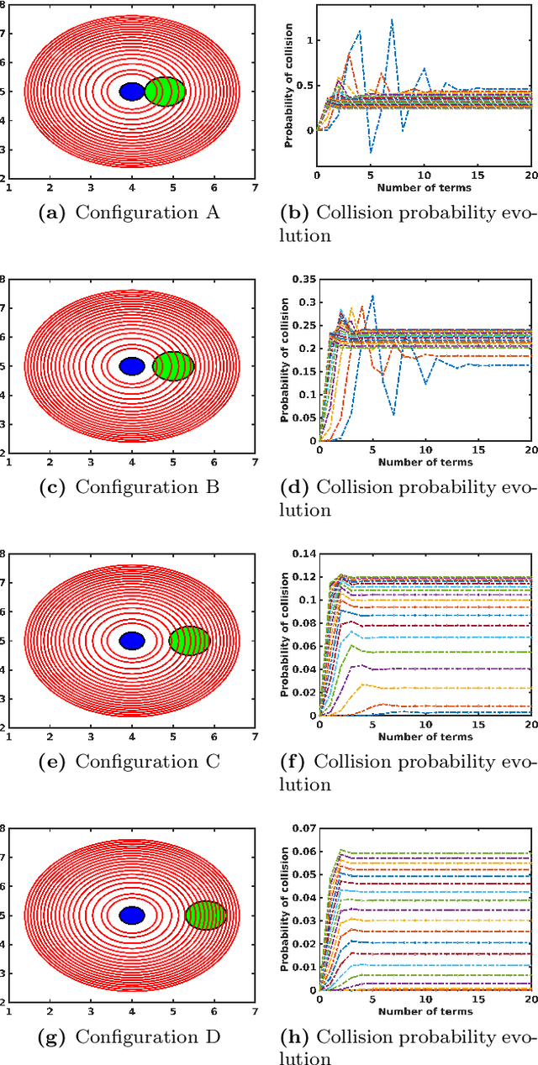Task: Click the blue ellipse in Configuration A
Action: click(132, 91)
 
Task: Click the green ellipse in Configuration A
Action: click(165, 91)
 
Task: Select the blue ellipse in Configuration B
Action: click(132, 365)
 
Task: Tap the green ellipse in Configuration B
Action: click(173, 365)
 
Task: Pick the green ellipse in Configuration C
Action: click(189, 641)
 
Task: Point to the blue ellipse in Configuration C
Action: click(132, 640)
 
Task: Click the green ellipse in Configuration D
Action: click(206, 915)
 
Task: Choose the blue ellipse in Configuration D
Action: click(132, 915)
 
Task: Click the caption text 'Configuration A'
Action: click(147, 212)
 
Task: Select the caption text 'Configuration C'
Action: click(147, 762)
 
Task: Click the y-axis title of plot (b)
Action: click(288, 92)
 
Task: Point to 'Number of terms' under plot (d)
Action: click(425, 462)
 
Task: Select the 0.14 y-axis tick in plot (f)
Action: click(303, 554)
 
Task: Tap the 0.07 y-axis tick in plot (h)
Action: click(303, 829)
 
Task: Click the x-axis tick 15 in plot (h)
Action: click(477, 1000)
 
